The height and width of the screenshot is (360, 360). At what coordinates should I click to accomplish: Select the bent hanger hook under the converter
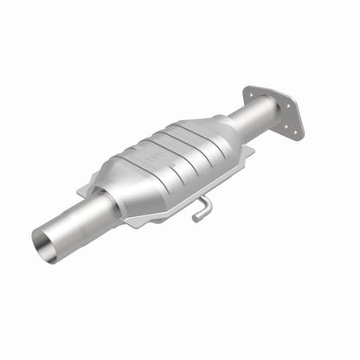201,209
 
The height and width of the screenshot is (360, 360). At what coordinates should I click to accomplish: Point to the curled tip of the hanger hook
195,217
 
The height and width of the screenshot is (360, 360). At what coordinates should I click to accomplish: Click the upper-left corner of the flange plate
247,87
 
